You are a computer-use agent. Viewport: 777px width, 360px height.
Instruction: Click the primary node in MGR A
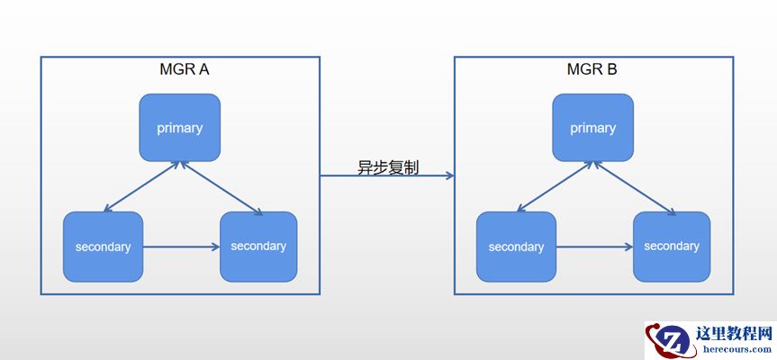(180, 128)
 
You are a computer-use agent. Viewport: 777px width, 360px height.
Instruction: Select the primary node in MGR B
(592, 128)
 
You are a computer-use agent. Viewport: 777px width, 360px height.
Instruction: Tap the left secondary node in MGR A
(103, 246)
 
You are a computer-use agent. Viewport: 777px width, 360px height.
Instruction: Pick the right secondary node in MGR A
(258, 246)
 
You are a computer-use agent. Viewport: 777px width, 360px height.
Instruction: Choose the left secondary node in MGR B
(516, 246)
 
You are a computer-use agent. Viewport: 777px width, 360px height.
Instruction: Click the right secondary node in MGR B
(672, 246)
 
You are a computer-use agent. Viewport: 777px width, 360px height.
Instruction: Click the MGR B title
(592, 69)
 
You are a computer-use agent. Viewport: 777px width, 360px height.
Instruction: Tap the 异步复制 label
(387, 167)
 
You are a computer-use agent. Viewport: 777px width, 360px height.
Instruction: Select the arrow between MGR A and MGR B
(387, 176)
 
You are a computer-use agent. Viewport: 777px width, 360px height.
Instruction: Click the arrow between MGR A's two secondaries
(182, 246)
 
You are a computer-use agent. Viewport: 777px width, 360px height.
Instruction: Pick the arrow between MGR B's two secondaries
(594, 246)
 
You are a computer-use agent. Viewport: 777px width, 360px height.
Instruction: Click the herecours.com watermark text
(734, 347)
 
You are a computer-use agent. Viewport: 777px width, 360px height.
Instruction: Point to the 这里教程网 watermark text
(734, 332)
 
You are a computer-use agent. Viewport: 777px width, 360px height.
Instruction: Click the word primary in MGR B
(592, 128)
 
